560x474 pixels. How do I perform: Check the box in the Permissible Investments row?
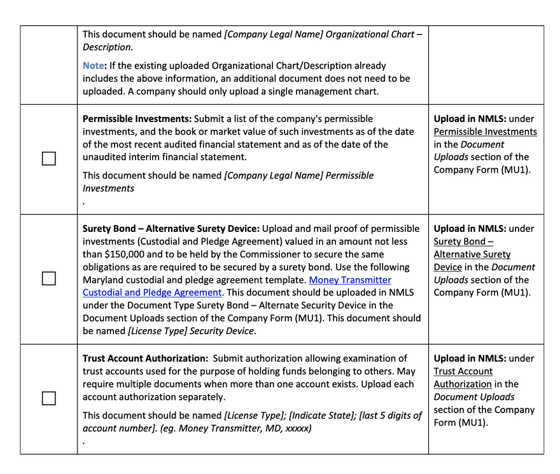(x=48, y=159)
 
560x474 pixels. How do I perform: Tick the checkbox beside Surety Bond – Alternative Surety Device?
(x=48, y=278)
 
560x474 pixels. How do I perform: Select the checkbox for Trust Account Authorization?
(x=48, y=398)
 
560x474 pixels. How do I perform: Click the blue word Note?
(x=93, y=65)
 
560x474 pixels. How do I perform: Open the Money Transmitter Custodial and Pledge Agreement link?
(x=237, y=286)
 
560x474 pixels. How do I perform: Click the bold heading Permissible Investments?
(x=137, y=119)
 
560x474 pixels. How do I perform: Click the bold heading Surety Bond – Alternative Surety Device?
(x=171, y=229)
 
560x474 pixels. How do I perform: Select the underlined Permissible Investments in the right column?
(x=485, y=132)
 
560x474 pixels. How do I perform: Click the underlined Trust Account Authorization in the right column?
(x=463, y=377)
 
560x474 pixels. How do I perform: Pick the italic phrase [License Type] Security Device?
(x=191, y=331)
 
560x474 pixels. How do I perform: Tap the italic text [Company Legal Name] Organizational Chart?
(x=319, y=34)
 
